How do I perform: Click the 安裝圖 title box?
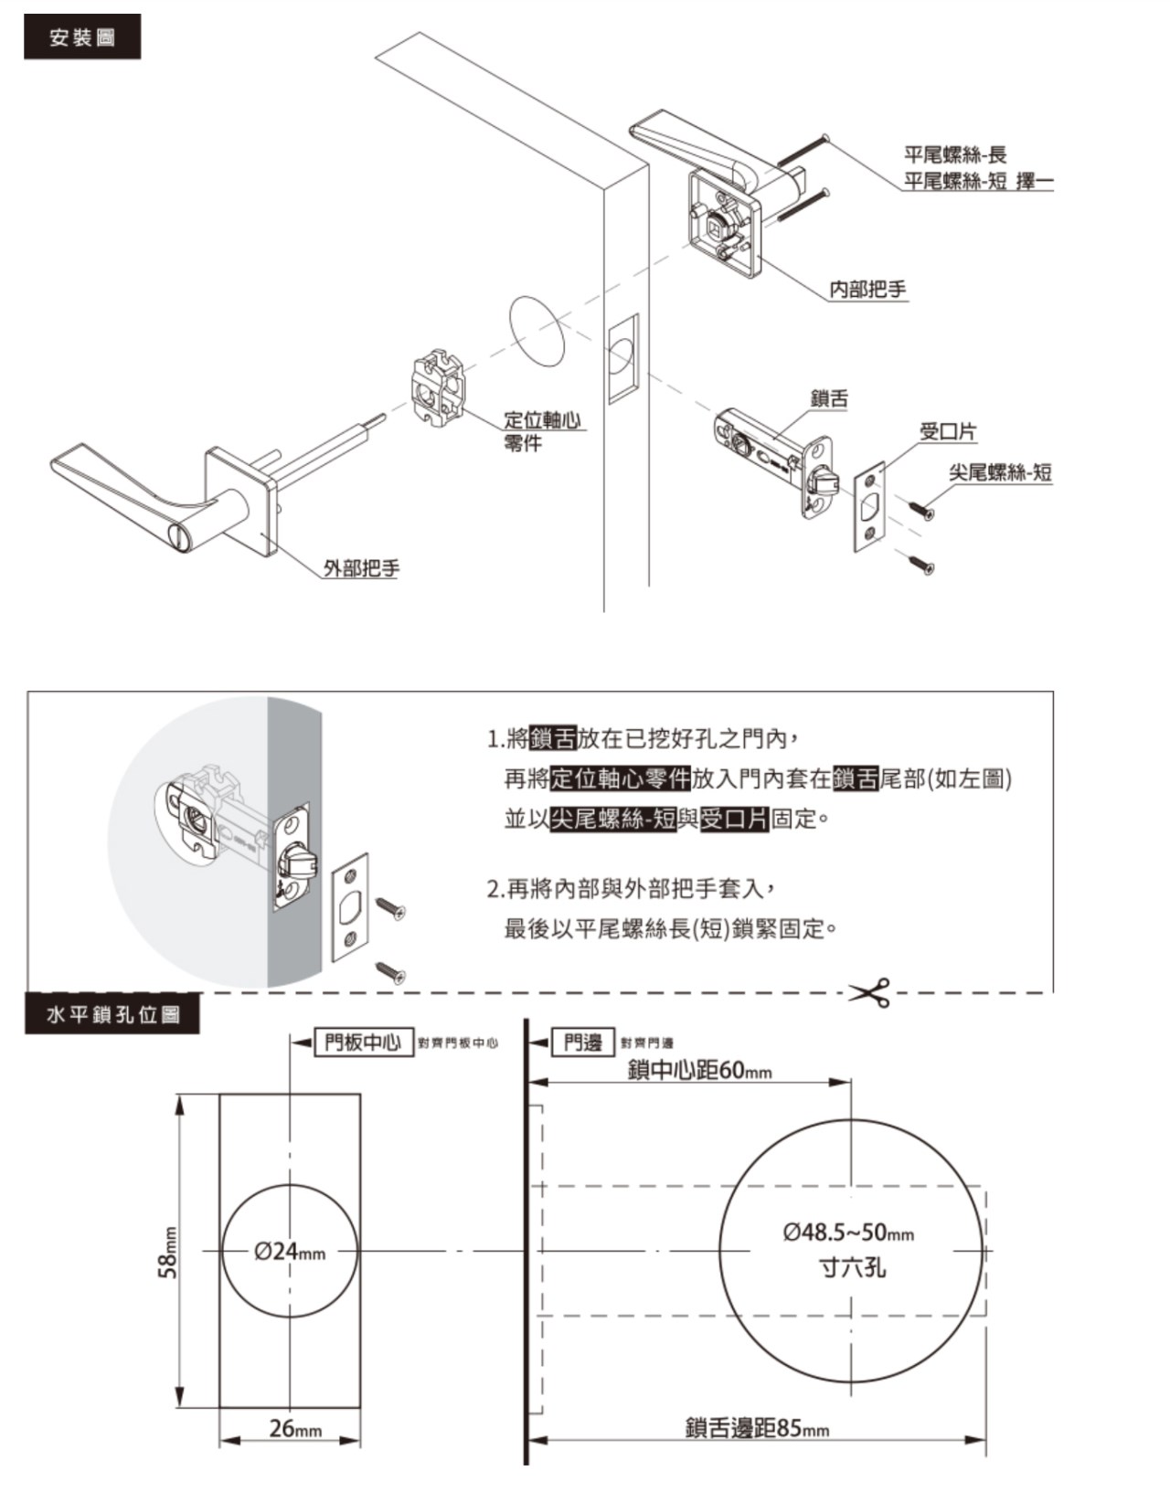[82, 37]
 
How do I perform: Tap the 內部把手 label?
[867, 290]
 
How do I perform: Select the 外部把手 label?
[361, 568]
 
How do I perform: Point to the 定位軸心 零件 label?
[543, 430]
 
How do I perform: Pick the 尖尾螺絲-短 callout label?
[1000, 472]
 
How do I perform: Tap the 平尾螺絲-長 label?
[955, 155]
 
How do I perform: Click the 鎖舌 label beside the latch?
[829, 398]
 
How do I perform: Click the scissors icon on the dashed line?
[869, 992]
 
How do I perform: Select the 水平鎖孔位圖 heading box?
[112, 1015]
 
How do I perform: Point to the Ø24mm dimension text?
[290, 1250]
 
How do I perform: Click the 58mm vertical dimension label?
[168, 1252]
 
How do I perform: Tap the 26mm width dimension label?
[295, 1428]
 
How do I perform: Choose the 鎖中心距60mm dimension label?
[699, 1070]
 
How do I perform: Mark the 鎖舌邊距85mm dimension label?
[757, 1428]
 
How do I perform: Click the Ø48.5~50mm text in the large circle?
[848, 1233]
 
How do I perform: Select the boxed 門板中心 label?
[363, 1042]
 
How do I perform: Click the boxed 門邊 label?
[583, 1042]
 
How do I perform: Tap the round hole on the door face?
[537, 332]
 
